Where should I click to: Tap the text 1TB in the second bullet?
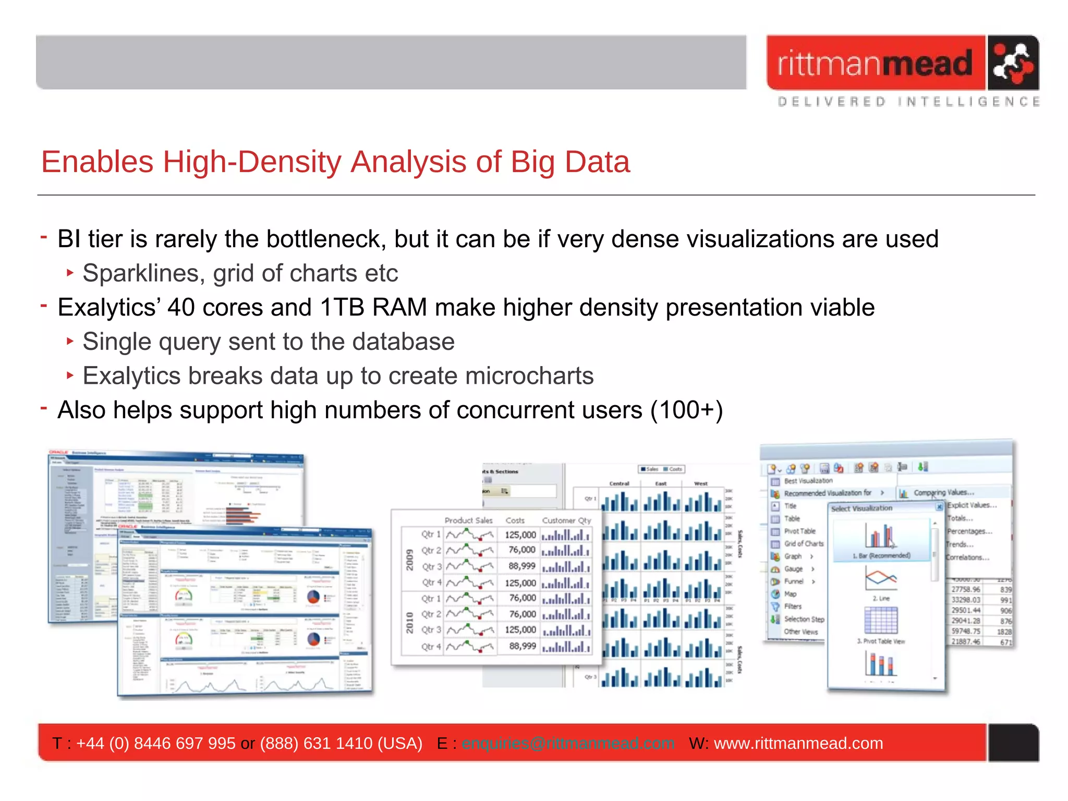coord(340,307)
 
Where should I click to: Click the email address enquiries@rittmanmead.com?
coord(568,743)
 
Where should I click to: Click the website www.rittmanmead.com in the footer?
coord(798,743)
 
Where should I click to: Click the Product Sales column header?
coord(468,520)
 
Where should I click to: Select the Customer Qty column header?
coord(566,520)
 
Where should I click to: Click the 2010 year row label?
coord(410,623)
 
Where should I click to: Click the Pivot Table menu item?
coord(799,531)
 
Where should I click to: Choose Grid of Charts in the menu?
coord(803,543)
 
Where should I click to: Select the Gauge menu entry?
coord(793,569)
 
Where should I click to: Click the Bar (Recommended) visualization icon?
coord(881,537)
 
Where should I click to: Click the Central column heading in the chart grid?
coord(619,483)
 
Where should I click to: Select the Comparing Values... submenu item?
coord(943,492)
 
